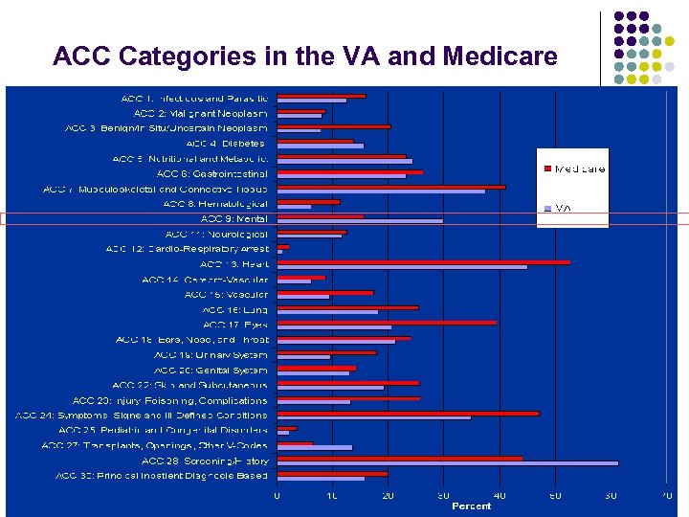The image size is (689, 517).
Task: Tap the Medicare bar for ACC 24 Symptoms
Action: click(408, 413)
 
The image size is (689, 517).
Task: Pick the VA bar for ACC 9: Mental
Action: click(360, 220)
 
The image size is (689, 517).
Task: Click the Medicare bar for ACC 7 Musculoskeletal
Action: click(390, 187)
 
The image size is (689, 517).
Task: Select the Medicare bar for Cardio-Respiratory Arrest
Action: click(283, 246)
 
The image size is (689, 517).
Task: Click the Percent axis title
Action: click(471, 506)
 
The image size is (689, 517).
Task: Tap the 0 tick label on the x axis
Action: click(278, 496)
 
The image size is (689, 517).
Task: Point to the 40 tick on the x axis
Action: click(500, 496)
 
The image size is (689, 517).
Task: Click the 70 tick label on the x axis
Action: click(666, 496)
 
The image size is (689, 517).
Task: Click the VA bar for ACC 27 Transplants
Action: click(315, 448)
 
